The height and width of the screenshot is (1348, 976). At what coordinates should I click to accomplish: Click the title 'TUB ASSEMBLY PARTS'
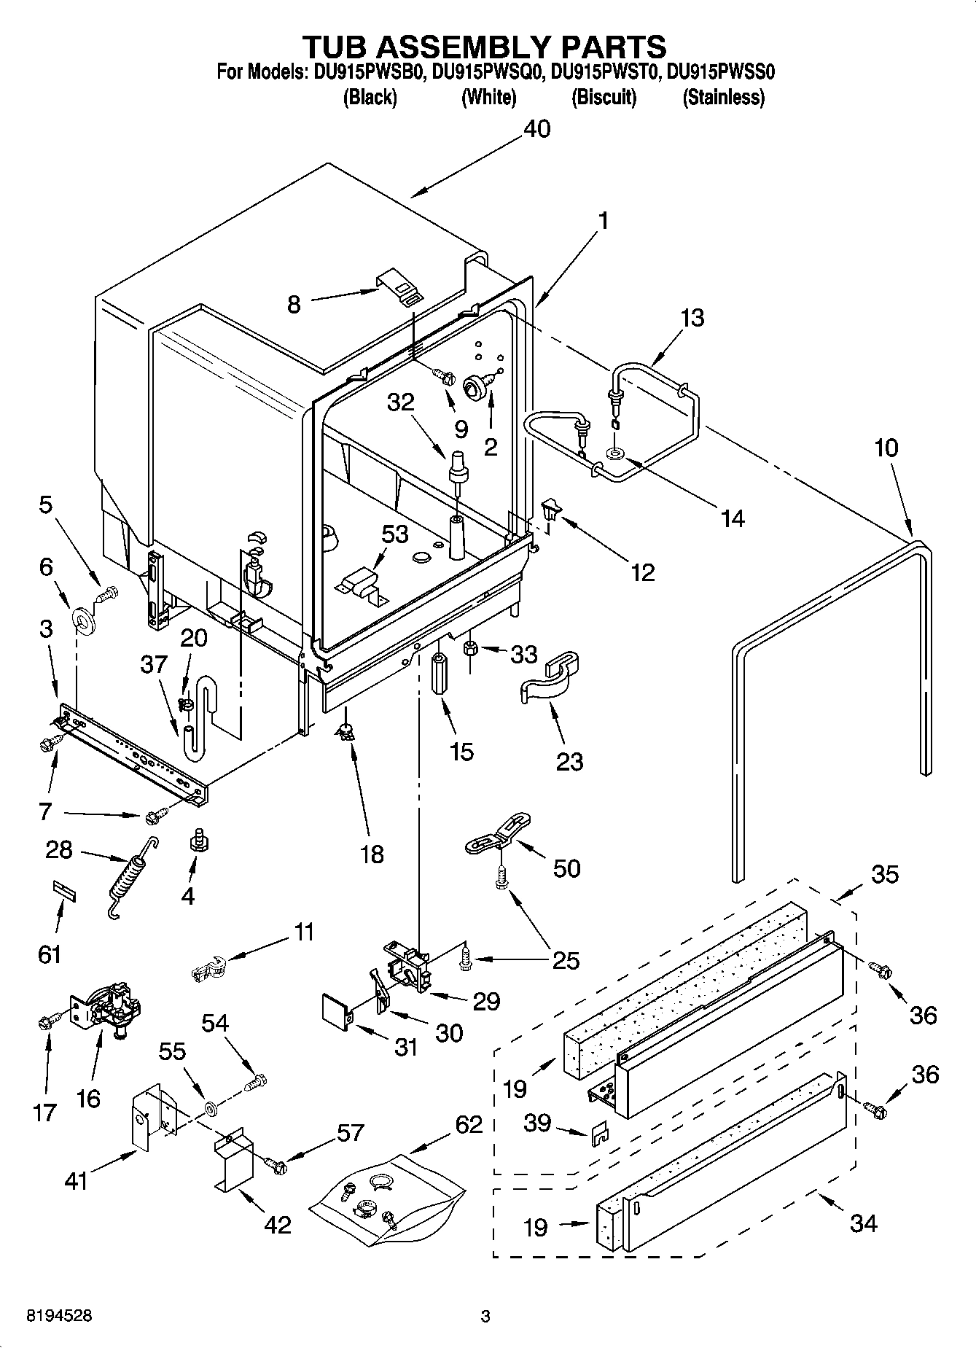click(x=485, y=46)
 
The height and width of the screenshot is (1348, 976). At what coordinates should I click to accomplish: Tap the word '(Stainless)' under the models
click(x=723, y=97)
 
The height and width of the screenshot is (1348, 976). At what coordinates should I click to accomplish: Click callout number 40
click(x=537, y=129)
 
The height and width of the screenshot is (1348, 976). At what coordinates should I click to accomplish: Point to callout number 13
click(x=692, y=318)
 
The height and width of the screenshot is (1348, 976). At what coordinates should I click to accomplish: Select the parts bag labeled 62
click(x=386, y=1198)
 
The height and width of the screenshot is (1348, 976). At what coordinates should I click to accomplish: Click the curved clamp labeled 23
click(x=552, y=681)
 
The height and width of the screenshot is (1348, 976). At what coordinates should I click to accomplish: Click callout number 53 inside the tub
click(x=394, y=534)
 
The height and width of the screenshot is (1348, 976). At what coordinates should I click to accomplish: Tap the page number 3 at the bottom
click(x=485, y=1317)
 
